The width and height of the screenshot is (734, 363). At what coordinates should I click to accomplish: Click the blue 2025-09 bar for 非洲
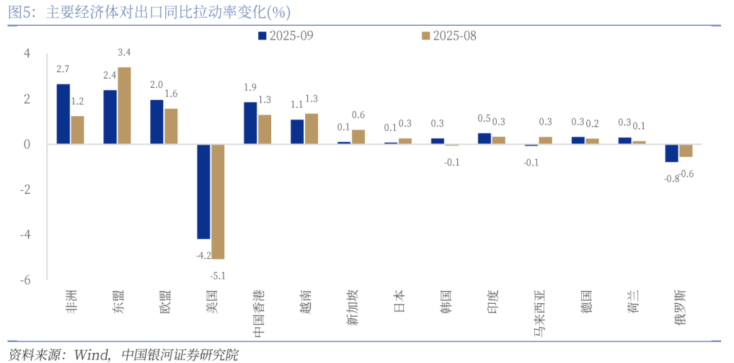pos(63,114)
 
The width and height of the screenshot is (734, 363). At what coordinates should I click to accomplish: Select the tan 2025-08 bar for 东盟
pos(124,105)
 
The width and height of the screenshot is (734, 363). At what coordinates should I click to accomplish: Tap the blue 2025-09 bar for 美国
pos(203,191)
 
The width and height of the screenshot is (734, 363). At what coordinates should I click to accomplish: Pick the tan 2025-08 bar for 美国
pos(217,201)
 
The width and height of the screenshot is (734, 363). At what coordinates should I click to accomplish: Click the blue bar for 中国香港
pos(250,123)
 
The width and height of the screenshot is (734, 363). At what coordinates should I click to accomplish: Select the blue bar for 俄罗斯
pos(671,153)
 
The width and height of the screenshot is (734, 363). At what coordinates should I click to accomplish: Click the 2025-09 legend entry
pos(286,35)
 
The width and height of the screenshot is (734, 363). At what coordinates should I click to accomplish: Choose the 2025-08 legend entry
pos(449,35)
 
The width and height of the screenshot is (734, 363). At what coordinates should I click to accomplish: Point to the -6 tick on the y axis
pos(25,279)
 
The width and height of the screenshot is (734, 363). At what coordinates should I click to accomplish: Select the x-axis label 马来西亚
pos(539,315)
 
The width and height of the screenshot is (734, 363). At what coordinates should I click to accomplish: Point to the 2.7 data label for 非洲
pos(63,69)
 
